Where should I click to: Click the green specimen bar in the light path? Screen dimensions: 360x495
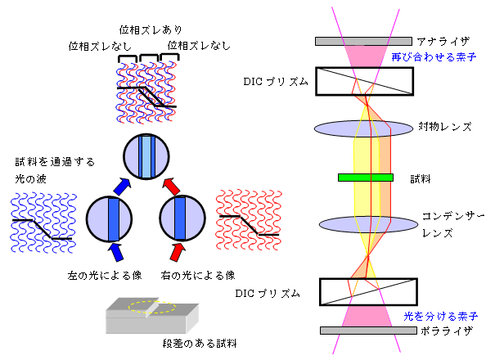365,177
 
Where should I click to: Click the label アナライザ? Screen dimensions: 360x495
442,41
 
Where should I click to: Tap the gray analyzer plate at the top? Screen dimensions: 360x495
363,40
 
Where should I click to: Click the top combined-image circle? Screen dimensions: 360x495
147,156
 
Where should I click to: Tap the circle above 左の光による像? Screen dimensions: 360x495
112,218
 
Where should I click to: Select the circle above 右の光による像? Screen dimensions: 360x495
182,218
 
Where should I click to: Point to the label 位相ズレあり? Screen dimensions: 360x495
146,29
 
